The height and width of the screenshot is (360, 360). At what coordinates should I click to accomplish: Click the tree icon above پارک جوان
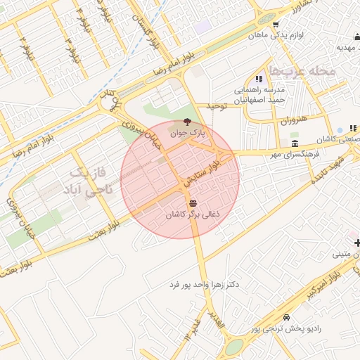pos(186,122)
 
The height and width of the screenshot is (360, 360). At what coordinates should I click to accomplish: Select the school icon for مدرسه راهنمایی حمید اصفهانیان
pos(259,79)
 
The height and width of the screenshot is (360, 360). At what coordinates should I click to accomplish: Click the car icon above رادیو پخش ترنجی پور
pos(286,317)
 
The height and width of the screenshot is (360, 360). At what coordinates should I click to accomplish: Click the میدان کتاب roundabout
pos(109,104)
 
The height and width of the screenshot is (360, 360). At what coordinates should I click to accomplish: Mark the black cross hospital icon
pos(357,243)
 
